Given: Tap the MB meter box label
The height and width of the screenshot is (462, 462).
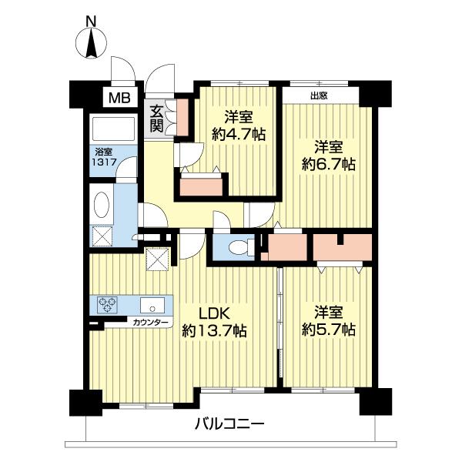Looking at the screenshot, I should click(119, 98).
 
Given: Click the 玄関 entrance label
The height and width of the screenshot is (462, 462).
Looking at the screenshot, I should click(157, 117).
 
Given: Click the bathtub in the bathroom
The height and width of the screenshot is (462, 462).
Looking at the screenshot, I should click(112, 127).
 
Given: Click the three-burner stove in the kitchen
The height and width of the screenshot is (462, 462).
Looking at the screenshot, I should click(107, 305).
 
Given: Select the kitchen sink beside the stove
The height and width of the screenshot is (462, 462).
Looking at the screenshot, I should click(149, 304).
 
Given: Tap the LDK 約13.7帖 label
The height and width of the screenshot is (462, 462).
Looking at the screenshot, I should click(214, 323).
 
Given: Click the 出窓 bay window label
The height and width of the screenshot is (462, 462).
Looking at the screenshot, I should click(318, 96).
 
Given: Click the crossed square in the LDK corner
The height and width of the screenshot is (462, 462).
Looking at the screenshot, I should click(157, 260).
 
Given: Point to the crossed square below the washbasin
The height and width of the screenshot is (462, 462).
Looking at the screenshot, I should click(102, 236).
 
